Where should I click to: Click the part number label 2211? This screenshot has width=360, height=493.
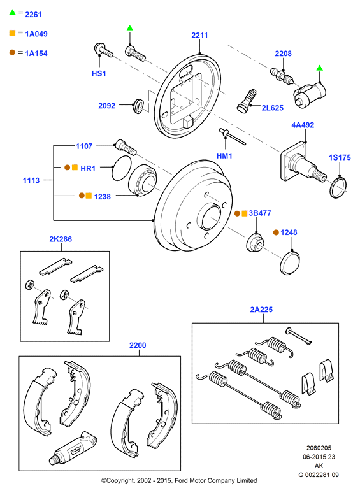coord(199,35)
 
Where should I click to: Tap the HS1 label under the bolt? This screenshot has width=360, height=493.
coord(99,73)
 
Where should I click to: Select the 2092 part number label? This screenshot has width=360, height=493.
coord(106,106)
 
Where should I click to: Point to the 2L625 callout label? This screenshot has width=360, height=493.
coord(272,108)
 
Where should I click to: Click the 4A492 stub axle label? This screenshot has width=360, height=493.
coord(303,125)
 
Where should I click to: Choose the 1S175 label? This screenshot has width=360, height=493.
coord(340,157)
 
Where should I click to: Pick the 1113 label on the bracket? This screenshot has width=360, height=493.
coord(31,180)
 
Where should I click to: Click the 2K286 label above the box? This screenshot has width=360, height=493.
coord(61,239)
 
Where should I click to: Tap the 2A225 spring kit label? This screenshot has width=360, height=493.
coord(261,310)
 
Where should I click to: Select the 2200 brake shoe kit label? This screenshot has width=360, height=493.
coord(138,345)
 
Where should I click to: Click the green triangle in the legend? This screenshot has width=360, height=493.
coord(12,12)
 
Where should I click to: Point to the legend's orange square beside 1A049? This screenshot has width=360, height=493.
coord(12,33)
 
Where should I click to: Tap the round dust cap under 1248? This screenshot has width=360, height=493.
coord(289,262)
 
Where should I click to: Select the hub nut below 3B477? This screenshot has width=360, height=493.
coord(255,243)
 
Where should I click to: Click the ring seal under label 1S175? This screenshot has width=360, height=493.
coord(338,188)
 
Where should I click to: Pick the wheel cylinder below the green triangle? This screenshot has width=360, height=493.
coord(310,94)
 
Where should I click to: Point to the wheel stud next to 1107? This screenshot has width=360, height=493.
coord(126,147)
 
